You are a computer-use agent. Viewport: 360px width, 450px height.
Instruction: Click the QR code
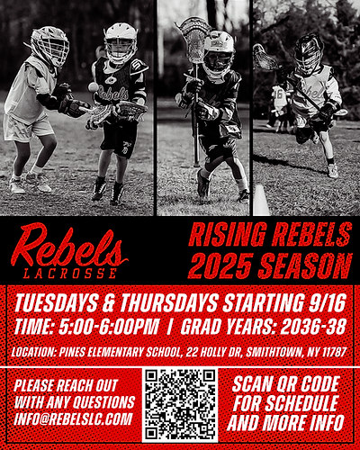[180, 404]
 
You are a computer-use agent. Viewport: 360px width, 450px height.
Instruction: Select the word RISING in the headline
[221, 236]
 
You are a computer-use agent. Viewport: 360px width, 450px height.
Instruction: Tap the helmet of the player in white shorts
[49, 45]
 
